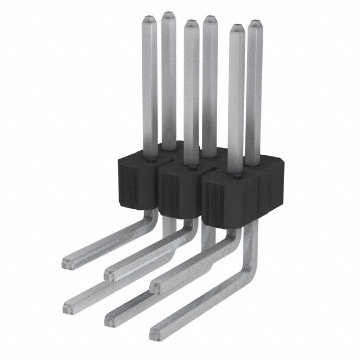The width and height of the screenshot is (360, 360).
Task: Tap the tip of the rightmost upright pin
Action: [x=256, y=24]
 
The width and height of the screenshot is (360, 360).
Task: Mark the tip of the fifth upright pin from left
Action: [x=236, y=28]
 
